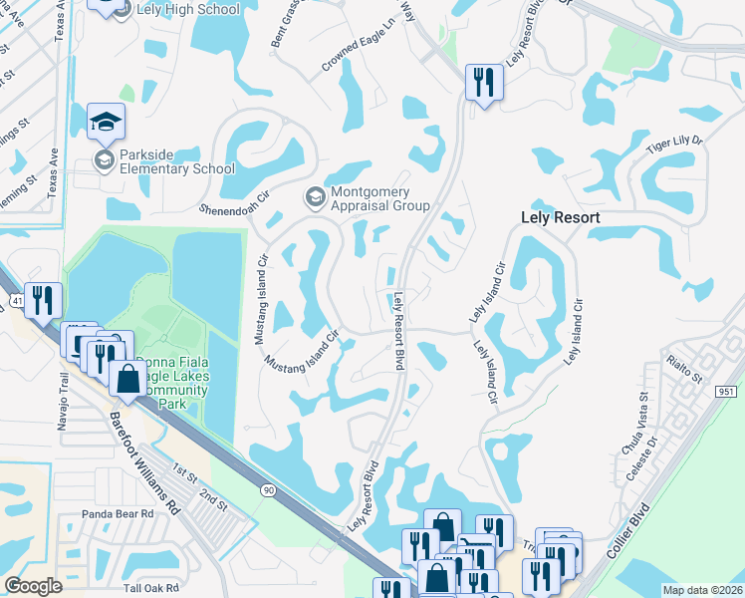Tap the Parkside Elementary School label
tap(176, 161)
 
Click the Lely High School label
tap(189, 9)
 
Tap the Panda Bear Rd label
tap(119, 514)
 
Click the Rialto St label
tap(685, 372)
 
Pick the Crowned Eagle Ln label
tap(359, 49)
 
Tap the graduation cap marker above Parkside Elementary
tap(106, 121)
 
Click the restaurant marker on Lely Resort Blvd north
tap(484, 83)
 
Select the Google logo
tap(34, 586)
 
